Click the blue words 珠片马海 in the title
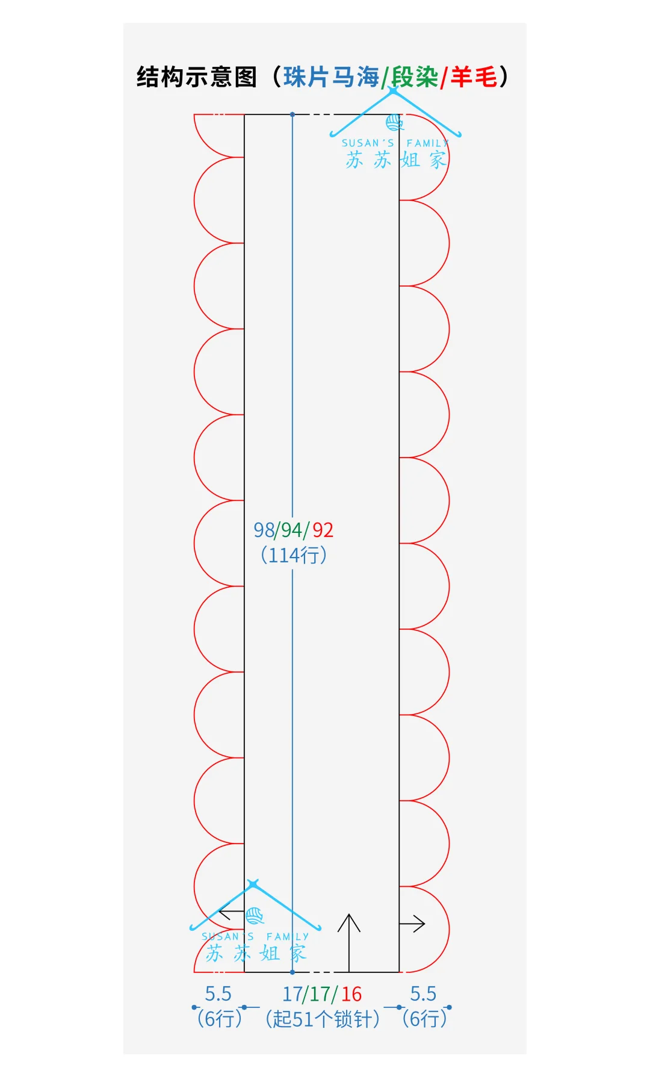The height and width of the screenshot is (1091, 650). click(331, 77)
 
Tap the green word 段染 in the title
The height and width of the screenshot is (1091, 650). click(415, 77)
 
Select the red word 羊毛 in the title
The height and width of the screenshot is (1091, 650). click(474, 77)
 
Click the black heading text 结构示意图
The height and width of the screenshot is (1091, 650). click(197, 77)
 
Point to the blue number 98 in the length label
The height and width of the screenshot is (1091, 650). click(264, 530)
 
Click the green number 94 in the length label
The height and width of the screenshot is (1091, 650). click(292, 530)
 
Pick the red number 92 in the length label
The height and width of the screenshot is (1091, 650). click(323, 530)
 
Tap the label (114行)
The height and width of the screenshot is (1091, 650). click(294, 555)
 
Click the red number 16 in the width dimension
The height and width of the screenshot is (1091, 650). click(351, 993)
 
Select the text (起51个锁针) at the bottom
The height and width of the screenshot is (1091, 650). click(323, 1019)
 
